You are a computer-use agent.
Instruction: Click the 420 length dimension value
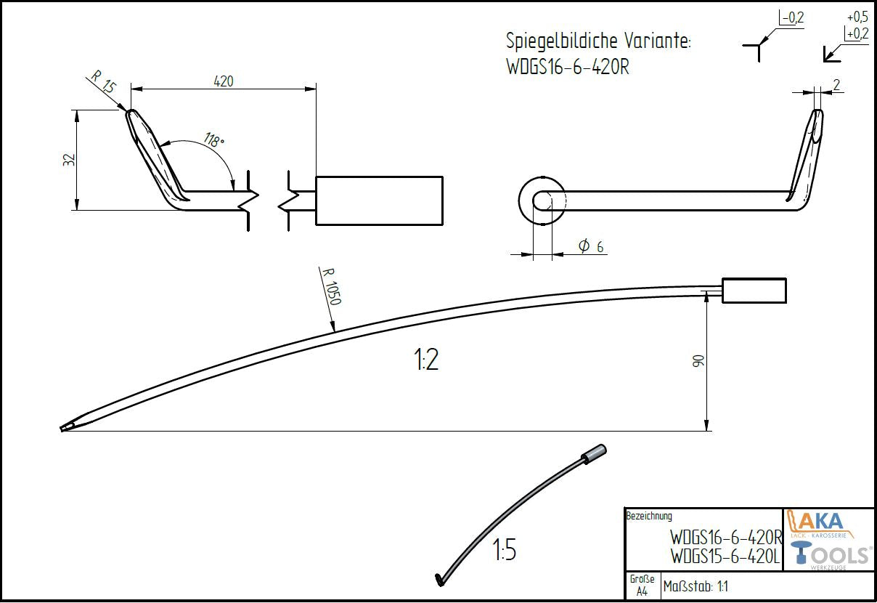point(224,81)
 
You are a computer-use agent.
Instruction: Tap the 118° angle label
point(212,142)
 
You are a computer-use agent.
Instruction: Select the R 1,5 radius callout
point(104,84)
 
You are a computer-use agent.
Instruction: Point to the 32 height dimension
point(69,160)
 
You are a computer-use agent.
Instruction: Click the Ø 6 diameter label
point(591,246)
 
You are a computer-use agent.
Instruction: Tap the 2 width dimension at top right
point(837,86)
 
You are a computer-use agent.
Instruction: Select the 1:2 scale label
point(427,360)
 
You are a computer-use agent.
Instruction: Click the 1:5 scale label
point(504,552)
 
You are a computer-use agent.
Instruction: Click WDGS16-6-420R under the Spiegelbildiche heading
point(567,66)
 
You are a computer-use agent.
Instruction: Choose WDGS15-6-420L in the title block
point(725,557)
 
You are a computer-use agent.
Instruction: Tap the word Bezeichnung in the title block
point(649,516)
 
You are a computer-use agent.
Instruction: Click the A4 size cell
point(642,591)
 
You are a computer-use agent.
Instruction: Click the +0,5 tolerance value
point(857,17)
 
